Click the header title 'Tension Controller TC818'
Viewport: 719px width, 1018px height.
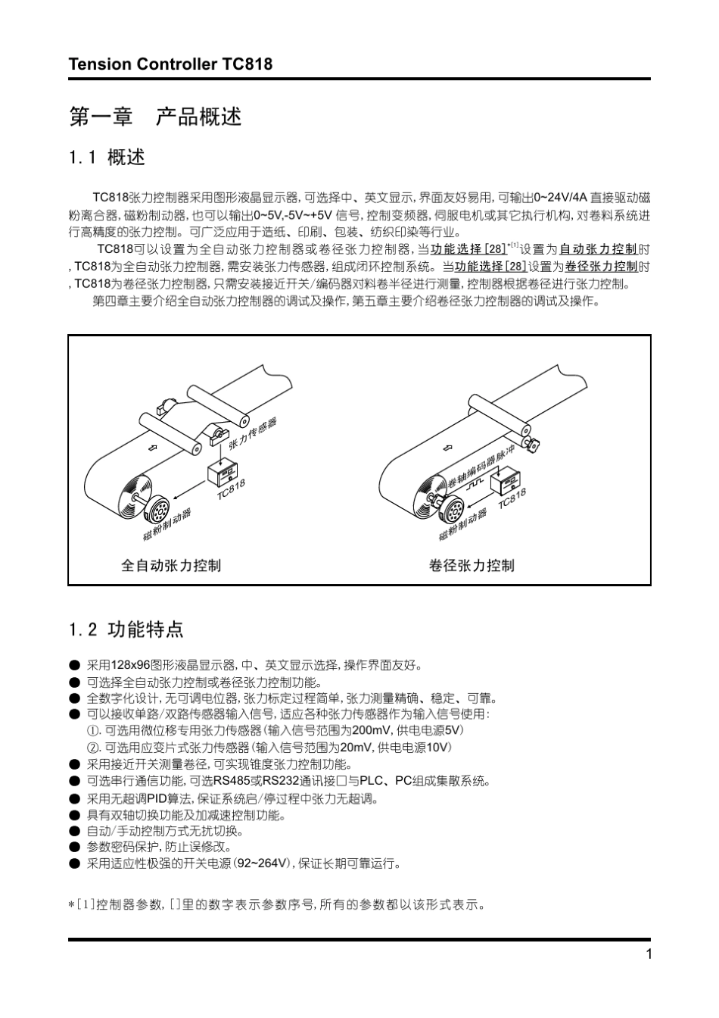coord(170,64)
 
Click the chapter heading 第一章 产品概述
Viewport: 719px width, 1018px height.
coord(155,117)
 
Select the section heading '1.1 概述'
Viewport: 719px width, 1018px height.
coord(107,158)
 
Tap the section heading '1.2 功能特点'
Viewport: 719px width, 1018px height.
coord(126,629)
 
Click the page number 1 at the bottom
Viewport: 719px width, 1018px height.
coord(649,954)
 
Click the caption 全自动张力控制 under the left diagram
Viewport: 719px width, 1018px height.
coord(171,565)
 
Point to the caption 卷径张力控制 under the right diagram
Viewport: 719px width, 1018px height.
coord(472,565)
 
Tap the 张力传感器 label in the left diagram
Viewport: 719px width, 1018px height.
coord(252,432)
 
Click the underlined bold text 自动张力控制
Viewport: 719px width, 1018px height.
coord(599,249)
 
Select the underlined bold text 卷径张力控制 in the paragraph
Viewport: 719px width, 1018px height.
coord(601,267)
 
